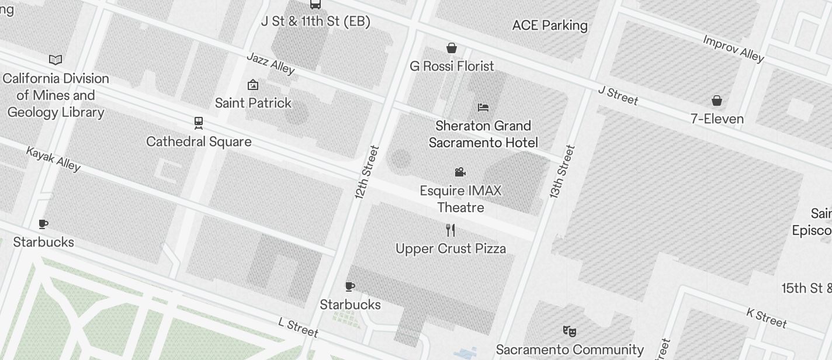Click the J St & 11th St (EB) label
coord(316,22)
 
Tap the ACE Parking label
coord(549,25)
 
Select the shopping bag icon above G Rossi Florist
coord(452,48)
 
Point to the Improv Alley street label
coord(733,49)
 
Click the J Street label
coord(618,95)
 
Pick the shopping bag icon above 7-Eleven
coord(717,101)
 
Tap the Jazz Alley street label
coord(271,63)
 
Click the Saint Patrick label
coord(253,103)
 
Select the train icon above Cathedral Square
coord(199,123)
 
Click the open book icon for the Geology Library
coord(56,60)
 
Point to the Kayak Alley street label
coord(53,158)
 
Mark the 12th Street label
coord(367,172)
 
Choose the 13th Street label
coord(562,171)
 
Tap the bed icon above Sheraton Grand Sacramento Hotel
coord(483,108)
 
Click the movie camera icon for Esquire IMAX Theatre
coord(460,172)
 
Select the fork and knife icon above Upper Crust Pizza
coord(450,230)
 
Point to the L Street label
coord(298,327)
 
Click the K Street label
coord(767,317)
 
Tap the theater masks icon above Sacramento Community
coord(570,331)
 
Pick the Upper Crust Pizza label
coord(450,248)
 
